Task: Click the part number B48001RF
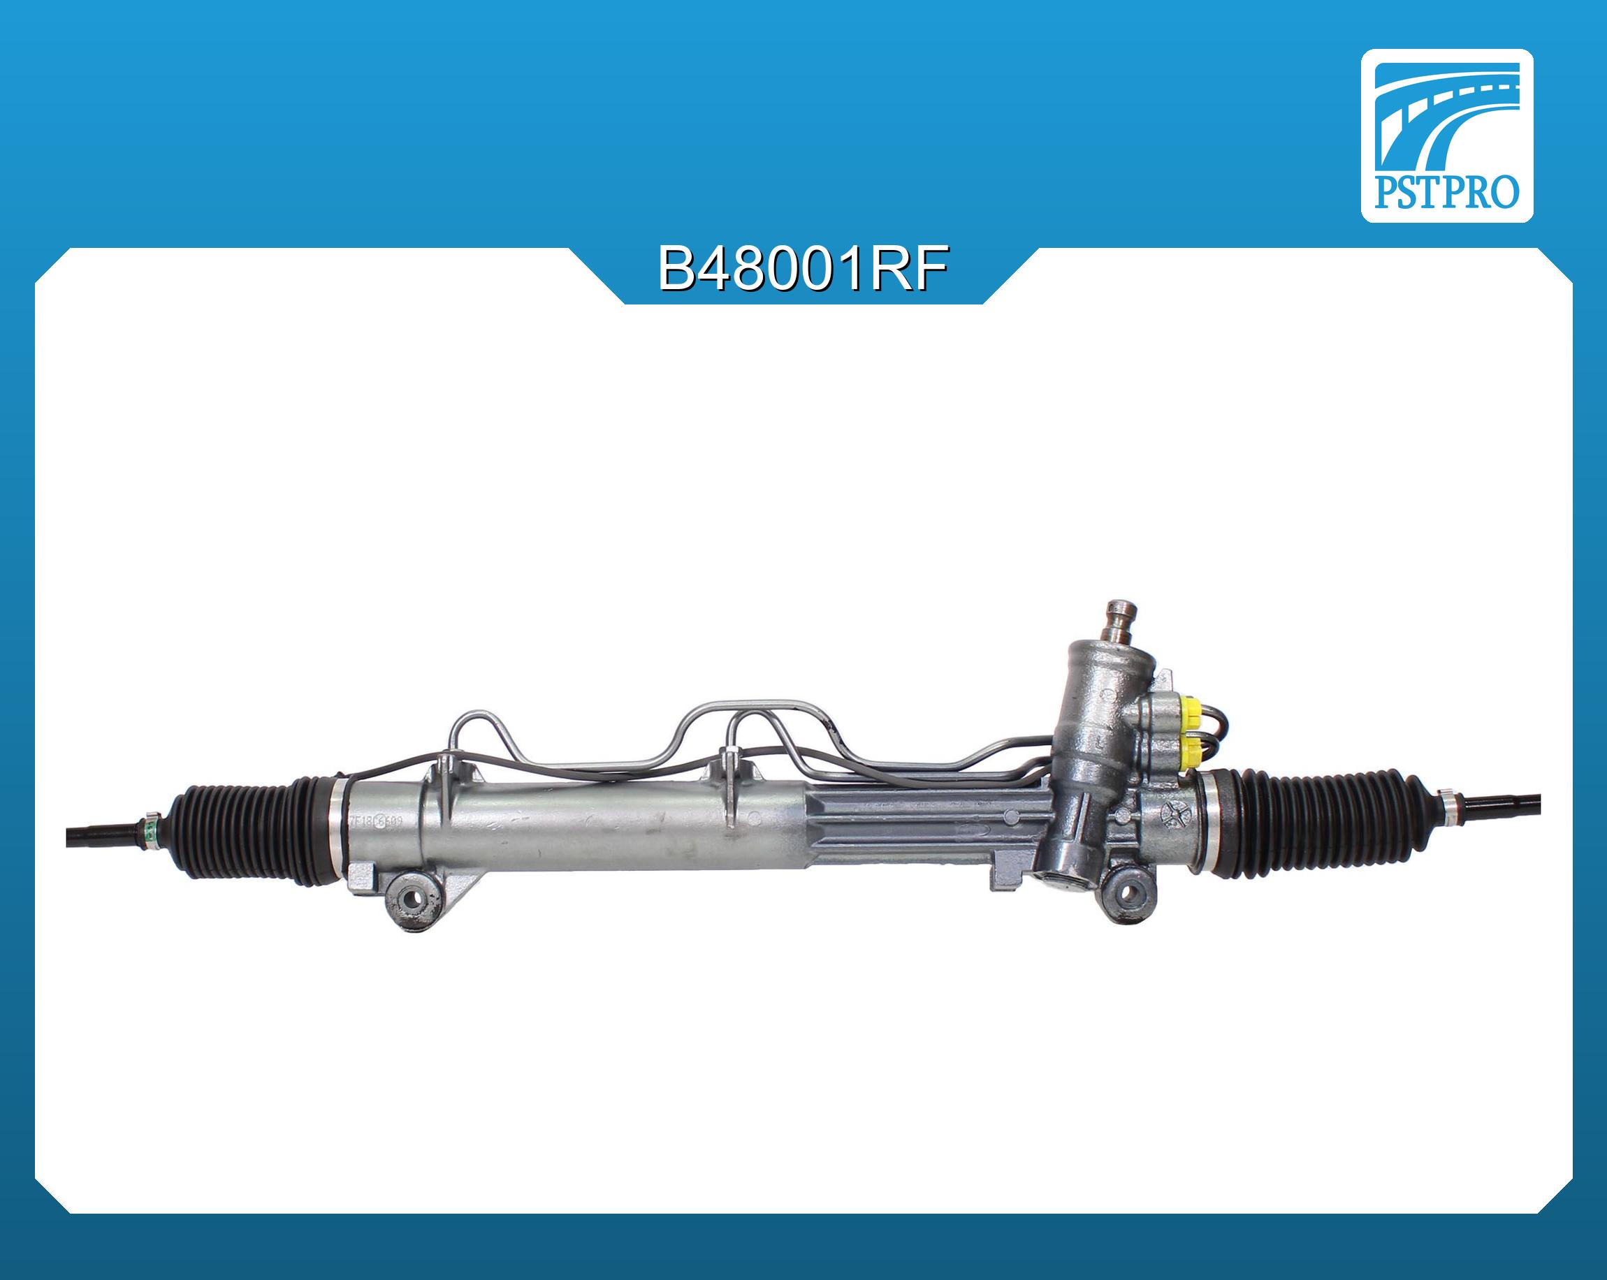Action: point(803,269)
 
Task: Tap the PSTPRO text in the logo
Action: point(1446,192)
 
